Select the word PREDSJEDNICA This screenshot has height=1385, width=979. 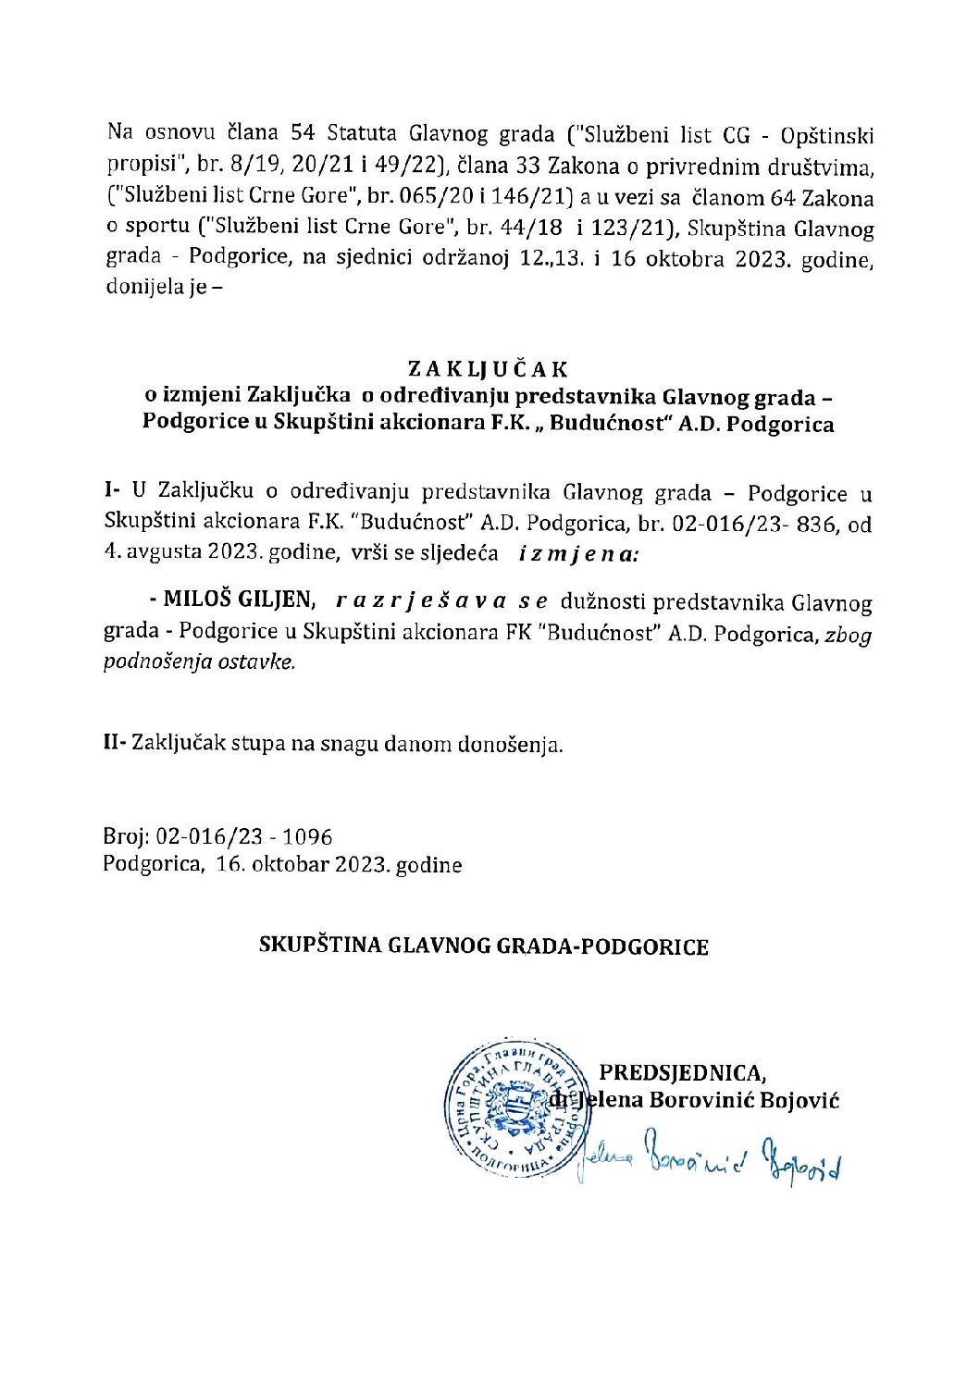tap(682, 1072)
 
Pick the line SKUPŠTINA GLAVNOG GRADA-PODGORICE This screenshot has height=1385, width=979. tap(483, 946)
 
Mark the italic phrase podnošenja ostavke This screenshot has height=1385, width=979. tap(199, 662)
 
